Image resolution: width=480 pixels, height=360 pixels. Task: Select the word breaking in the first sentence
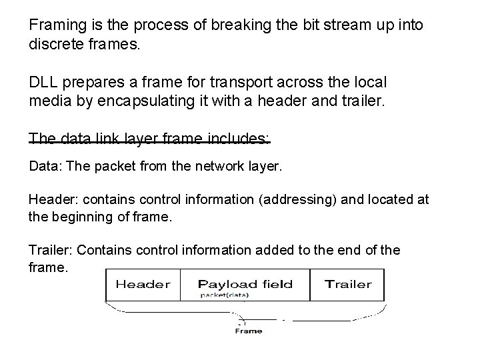(x=255, y=27)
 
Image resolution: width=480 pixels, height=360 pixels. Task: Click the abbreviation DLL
(x=43, y=83)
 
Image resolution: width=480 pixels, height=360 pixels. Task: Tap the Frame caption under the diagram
(x=248, y=331)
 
